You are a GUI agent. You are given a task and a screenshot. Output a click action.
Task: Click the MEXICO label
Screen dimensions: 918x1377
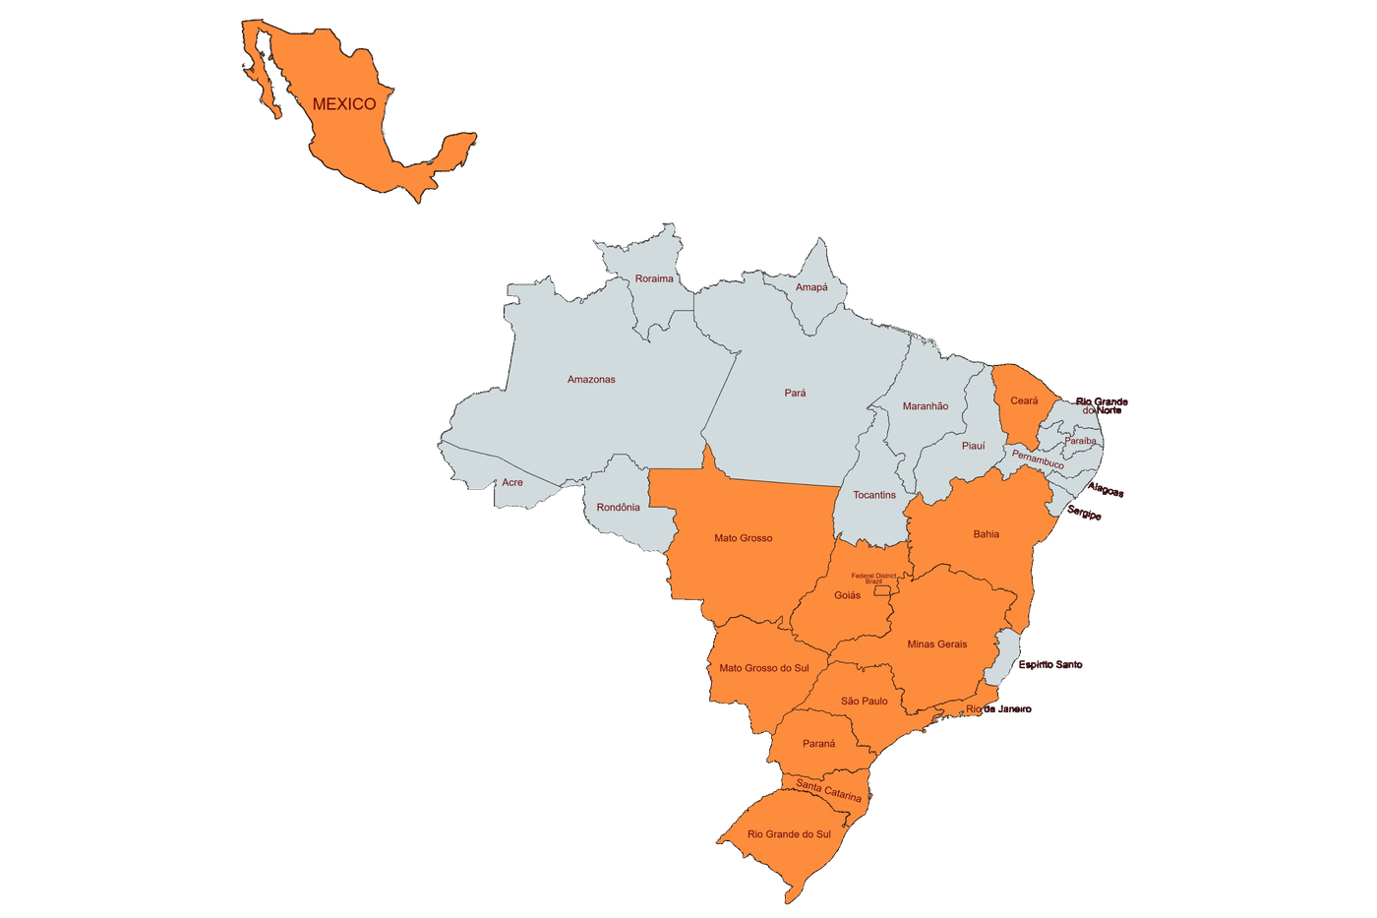pyautogui.click(x=344, y=104)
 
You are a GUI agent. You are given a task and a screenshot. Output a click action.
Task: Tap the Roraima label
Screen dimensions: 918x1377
pyautogui.click(x=654, y=278)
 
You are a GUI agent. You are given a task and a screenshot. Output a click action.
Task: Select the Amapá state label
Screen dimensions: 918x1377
pyautogui.click(x=811, y=287)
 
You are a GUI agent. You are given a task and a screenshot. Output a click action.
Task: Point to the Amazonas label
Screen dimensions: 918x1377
pyautogui.click(x=591, y=379)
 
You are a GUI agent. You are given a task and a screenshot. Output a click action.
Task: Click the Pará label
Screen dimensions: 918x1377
pyautogui.click(x=795, y=393)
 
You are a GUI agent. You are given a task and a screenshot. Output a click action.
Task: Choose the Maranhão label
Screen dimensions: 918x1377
pyautogui.click(x=926, y=405)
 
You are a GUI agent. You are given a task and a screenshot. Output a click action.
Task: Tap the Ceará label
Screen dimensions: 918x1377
pyautogui.click(x=1024, y=400)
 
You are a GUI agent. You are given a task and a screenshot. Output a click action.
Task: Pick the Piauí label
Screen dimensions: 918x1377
pyautogui.click(x=973, y=446)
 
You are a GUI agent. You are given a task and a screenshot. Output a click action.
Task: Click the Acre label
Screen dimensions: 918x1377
pyautogui.click(x=512, y=482)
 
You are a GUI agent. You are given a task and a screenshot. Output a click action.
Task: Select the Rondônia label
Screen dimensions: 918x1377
pyautogui.click(x=618, y=507)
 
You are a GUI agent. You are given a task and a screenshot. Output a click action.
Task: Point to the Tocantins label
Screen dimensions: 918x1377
pyautogui.click(x=874, y=495)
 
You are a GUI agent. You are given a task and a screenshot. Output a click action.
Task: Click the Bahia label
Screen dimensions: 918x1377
pyautogui.click(x=986, y=534)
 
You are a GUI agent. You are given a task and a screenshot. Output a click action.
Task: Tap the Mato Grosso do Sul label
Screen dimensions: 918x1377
pyautogui.click(x=763, y=668)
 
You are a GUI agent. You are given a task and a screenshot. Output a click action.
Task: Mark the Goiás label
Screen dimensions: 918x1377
pyautogui.click(x=847, y=595)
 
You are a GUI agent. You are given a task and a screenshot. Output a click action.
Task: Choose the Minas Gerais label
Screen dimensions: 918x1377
pyautogui.click(x=936, y=644)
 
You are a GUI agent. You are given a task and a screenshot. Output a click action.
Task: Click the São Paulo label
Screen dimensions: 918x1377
pyautogui.click(x=864, y=702)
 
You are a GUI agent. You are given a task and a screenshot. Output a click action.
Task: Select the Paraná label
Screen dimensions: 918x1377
pyautogui.click(x=818, y=744)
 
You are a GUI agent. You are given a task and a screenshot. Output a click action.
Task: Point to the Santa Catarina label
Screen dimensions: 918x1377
pyautogui.click(x=829, y=790)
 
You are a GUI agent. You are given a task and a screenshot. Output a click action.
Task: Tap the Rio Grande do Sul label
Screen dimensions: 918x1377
pyautogui.click(x=789, y=834)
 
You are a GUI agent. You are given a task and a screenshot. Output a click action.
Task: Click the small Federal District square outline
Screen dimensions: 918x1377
pyautogui.click(x=882, y=590)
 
